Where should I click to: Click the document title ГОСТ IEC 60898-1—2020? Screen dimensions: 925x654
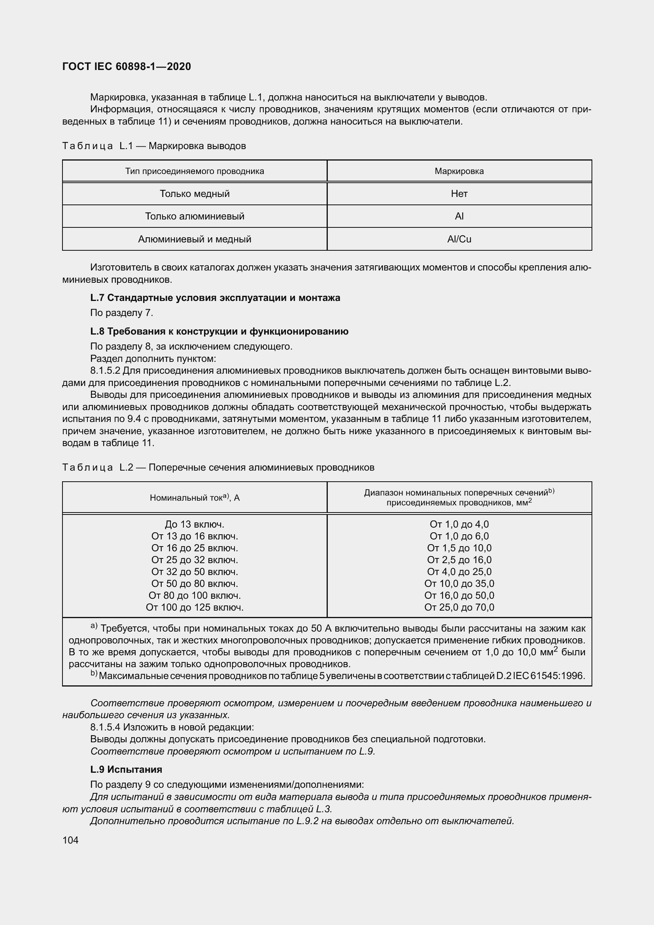pos(127,66)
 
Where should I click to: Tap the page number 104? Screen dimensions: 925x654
pos(70,840)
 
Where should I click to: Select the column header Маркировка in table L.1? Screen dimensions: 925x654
pos(459,171)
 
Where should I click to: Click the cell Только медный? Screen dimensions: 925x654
pos(195,194)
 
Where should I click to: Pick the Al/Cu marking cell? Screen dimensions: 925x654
pos(459,239)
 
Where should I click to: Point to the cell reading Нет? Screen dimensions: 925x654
pos(459,194)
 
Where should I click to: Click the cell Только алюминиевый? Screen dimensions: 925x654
pos(195,216)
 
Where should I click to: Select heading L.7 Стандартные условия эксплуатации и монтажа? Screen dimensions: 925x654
pos(215,298)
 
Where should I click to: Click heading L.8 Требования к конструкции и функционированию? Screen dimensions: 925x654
pos(219,331)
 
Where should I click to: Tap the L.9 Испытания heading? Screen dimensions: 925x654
pos(126,769)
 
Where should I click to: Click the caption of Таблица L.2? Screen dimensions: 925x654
pos(218,467)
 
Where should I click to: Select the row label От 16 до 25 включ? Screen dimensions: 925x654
pos(195,548)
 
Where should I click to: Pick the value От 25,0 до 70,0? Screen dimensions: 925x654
pos(459,607)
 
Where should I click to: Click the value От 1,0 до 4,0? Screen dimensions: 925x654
pos(459,524)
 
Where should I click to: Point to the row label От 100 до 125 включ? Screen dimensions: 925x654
pos(195,607)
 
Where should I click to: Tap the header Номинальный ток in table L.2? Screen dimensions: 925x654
pos(195,498)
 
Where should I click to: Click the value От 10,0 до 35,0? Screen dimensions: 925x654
pos(459,583)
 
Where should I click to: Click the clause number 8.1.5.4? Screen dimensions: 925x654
pos(105,727)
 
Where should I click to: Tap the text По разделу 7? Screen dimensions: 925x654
pos(122,313)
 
